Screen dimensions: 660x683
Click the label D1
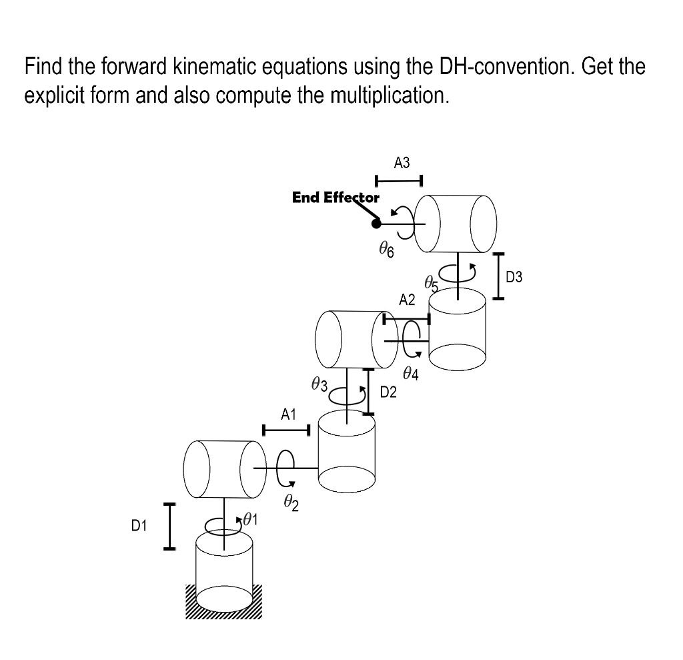[138, 527]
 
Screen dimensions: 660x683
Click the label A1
[287, 414]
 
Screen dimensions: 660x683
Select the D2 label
[388, 392]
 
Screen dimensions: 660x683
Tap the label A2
[407, 300]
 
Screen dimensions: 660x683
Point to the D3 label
[514, 276]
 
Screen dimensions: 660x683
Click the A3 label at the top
[402, 162]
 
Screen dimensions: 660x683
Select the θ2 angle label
[290, 503]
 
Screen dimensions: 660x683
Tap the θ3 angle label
[319, 384]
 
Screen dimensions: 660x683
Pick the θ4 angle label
[411, 374]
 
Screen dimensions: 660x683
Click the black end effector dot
[376, 224]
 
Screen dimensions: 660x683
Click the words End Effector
[335, 198]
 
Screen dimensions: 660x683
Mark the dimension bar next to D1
[169, 527]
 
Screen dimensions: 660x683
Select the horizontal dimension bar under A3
[399, 180]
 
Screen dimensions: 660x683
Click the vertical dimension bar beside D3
[497, 276]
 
